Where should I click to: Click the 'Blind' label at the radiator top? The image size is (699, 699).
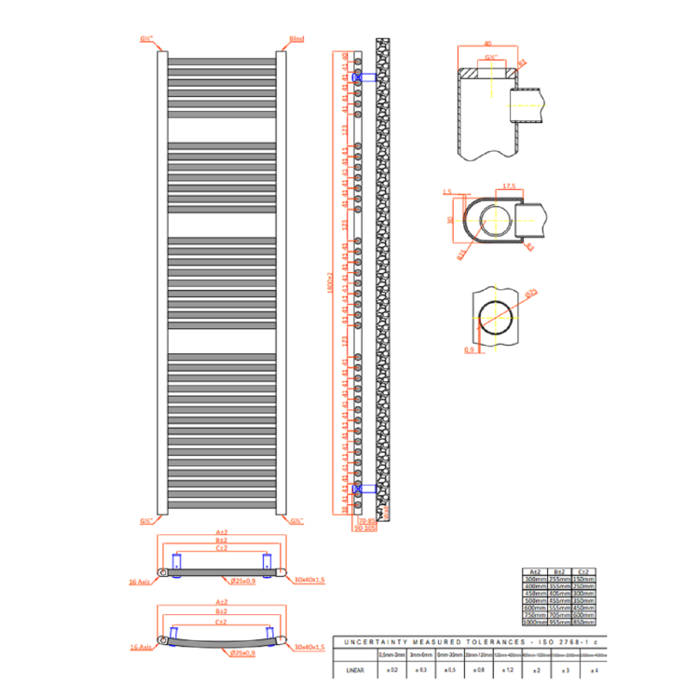click(296, 39)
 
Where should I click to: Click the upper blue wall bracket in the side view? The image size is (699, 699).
click(367, 77)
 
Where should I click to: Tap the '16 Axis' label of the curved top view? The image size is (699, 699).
click(141, 645)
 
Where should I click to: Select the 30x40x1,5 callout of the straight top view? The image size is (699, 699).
click(308, 580)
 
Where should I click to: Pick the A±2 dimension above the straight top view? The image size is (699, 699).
click(223, 534)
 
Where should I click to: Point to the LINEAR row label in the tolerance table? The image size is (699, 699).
click(354, 668)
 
